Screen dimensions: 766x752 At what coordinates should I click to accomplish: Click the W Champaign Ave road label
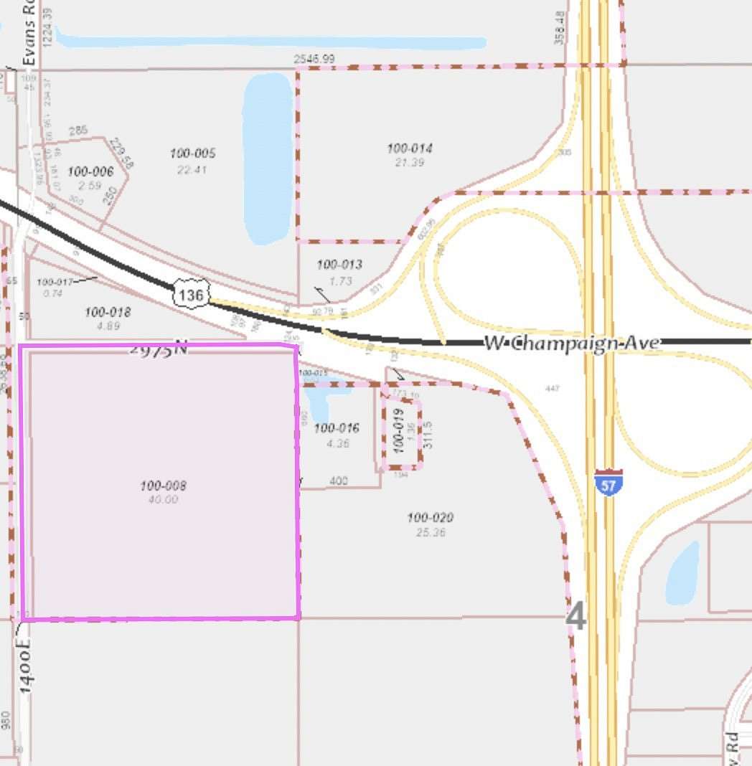[571, 343]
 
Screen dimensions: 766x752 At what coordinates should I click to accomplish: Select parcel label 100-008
[163, 486]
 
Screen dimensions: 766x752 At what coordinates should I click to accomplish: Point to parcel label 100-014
[410, 148]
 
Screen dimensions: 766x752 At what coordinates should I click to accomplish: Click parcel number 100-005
[192, 153]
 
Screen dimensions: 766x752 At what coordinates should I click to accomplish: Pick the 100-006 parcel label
[90, 171]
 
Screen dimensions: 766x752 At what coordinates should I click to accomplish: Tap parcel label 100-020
[430, 517]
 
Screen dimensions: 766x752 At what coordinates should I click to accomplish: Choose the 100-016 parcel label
[336, 428]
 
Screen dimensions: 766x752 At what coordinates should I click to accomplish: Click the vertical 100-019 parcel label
[399, 429]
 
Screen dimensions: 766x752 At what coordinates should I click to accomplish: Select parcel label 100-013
[339, 265]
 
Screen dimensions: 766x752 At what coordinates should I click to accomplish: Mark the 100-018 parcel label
[108, 312]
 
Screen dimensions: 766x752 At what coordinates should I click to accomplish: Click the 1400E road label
[25, 666]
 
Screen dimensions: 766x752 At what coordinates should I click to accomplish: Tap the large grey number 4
[576, 616]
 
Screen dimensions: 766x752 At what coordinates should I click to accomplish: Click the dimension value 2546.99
[314, 59]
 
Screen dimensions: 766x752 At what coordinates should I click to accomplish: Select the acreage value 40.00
[163, 499]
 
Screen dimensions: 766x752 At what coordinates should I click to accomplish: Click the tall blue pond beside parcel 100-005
[267, 158]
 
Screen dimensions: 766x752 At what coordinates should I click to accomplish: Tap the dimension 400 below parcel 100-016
[339, 481]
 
